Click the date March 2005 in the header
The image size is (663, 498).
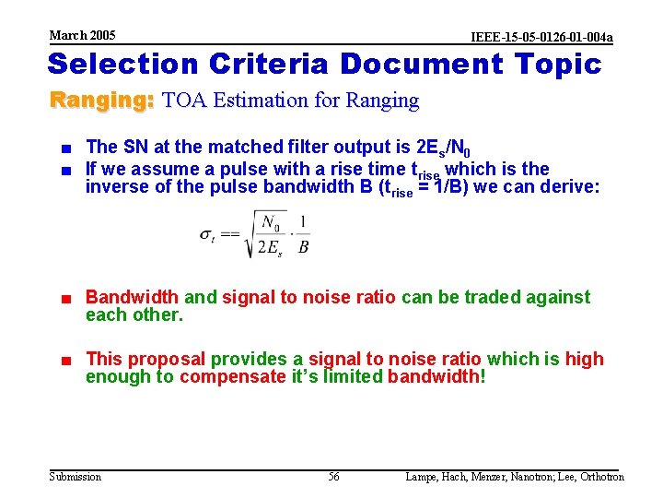tap(82, 35)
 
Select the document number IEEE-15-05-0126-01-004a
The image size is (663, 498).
tap(541, 37)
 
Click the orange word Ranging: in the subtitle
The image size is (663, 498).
tap(101, 100)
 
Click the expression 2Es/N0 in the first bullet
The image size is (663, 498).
tap(444, 148)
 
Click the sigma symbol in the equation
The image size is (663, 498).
tap(207, 234)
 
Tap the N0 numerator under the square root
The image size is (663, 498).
tap(271, 222)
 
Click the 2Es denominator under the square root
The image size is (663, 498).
tap(270, 248)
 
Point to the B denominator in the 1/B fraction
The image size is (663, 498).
tap(303, 247)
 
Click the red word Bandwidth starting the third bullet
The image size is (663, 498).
tap(132, 297)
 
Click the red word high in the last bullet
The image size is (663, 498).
tap(584, 359)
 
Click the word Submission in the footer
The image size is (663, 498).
tap(76, 477)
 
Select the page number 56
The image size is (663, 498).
tap(333, 477)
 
